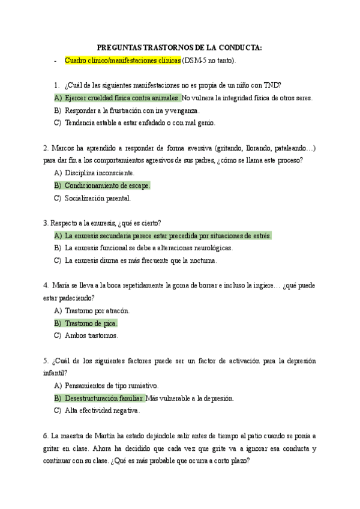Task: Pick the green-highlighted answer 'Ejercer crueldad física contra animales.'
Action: pos(122,98)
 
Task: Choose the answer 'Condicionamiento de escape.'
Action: pos(107,185)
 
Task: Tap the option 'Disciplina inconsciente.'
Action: pos(100,173)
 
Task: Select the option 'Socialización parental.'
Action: pos(97,198)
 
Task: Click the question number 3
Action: pos(46,223)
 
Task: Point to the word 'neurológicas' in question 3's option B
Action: pos(212,248)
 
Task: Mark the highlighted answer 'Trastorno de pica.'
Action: pos(91,323)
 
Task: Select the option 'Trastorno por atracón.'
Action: pos(97,310)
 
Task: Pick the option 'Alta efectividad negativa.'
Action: pos(102,411)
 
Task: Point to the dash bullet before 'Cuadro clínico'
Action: pos(55,61)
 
